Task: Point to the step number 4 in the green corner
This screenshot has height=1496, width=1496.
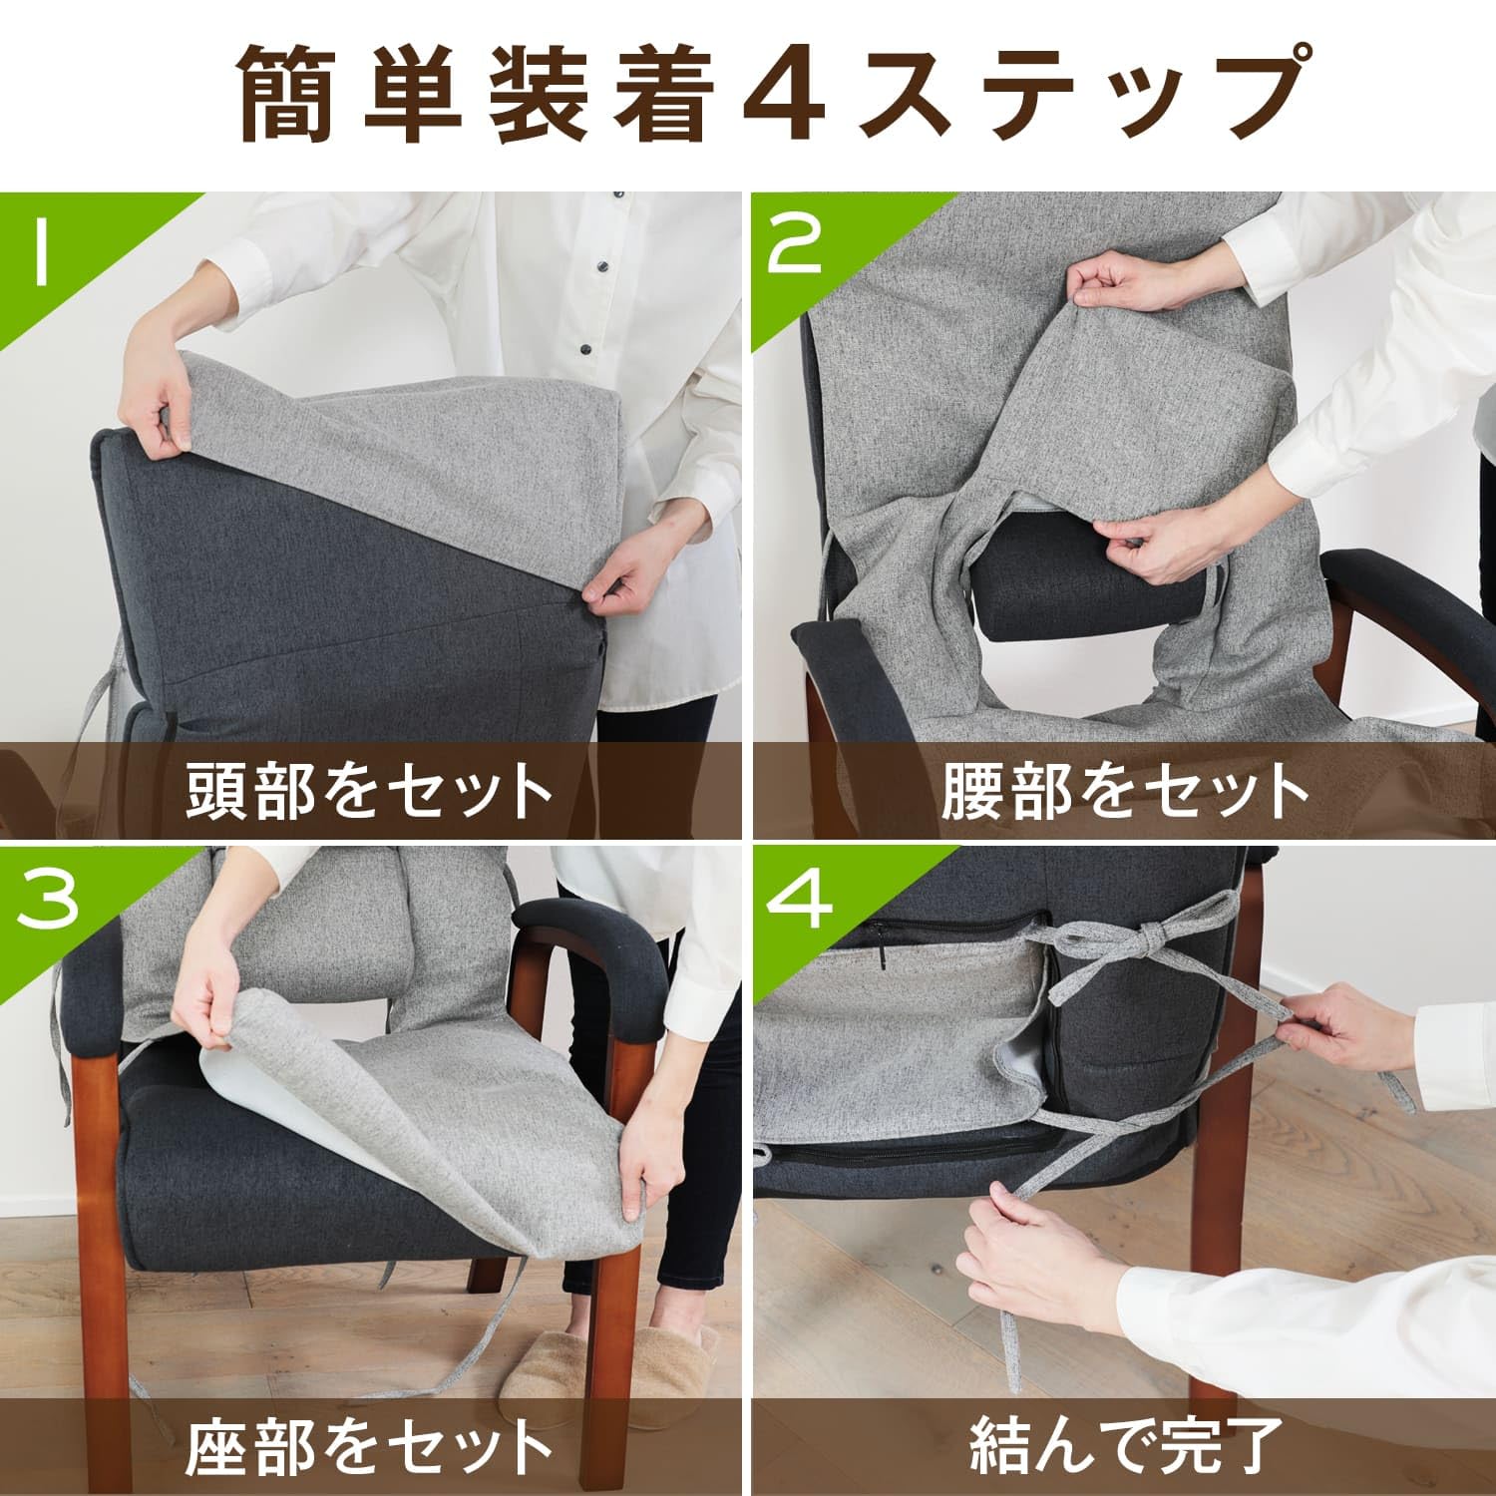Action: [x=798, y=900]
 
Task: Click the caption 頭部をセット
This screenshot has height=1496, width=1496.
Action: [x=370, y=790]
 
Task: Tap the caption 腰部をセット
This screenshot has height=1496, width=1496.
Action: [x=1124, y=790]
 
